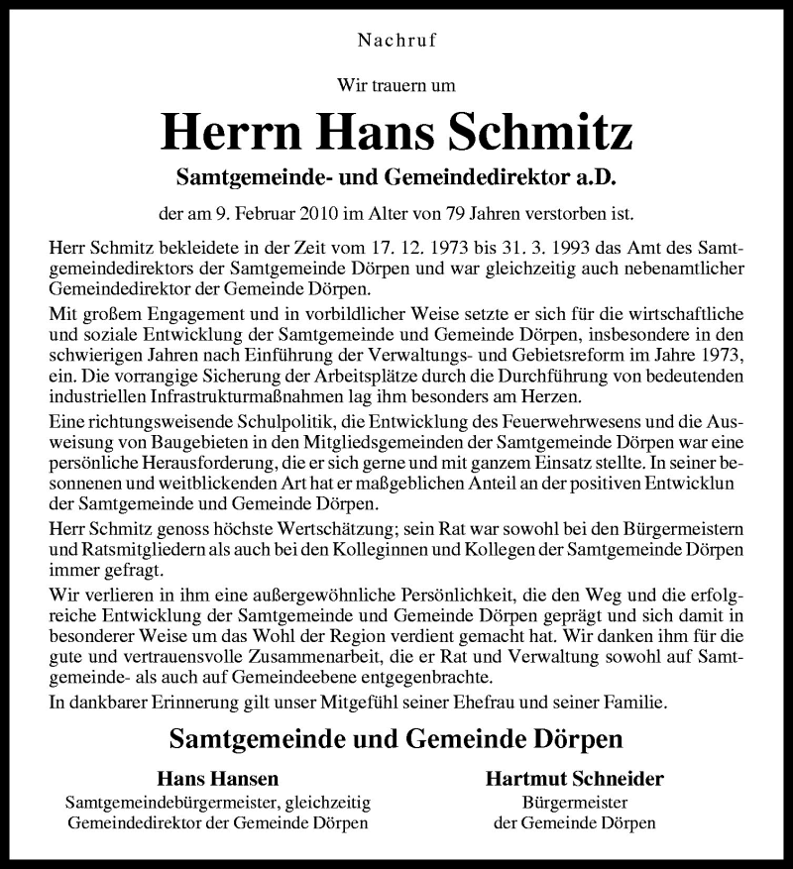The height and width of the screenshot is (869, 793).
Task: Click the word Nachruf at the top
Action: [x=396, y=41]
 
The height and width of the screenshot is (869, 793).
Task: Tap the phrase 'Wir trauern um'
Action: [x=396, y=86]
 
